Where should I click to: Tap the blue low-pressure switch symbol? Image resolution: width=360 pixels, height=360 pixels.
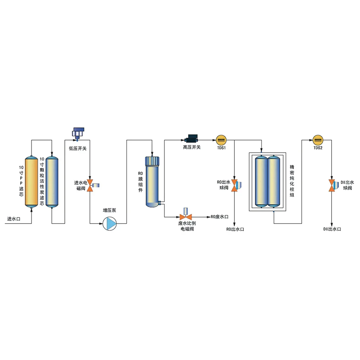pos(78,132)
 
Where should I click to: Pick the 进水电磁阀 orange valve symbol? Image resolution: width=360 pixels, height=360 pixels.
pos(90,186)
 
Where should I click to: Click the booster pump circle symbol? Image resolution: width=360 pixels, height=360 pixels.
pos(110,224)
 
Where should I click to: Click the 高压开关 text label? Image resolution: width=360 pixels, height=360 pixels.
pos(192,148)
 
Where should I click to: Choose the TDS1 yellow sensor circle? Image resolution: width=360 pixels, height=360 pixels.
pos(221,139)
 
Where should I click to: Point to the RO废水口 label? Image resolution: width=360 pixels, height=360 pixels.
pos(220,217)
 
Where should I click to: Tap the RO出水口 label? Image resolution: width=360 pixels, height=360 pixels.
pos(235,229)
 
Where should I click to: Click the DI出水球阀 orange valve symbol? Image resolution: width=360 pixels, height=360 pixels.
pos(332,185)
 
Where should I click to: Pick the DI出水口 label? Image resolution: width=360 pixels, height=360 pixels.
pos(332,229)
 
